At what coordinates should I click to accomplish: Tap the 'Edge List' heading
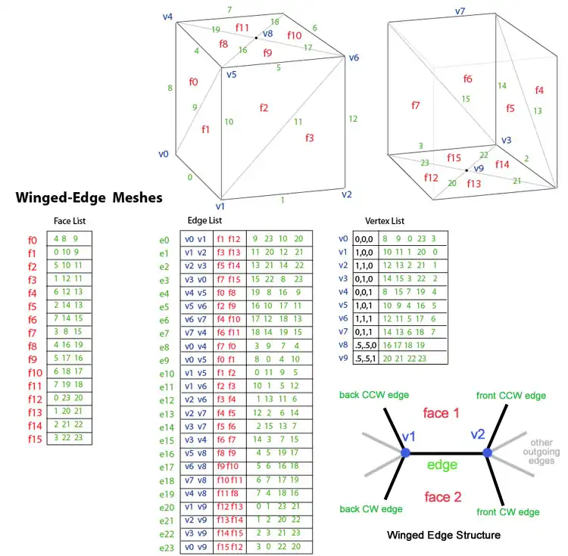[x=204, y=220]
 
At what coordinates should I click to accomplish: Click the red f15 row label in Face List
[x=33, y=438]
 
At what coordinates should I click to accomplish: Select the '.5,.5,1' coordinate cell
[x=364, y=359]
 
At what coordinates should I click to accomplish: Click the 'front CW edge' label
[x=507, y=512]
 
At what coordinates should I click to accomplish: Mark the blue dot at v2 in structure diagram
[x=487, y=452]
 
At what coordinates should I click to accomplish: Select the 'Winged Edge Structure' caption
[x=443, y=535]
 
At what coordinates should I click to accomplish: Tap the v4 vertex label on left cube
[x=167, y=16]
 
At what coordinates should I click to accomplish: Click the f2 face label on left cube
[x=264, y=108]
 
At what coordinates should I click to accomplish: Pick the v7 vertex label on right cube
[x=460, y=11]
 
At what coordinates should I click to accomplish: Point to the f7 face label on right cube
[x=415, y=105]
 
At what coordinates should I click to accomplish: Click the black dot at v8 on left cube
[x=256, y=38]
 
